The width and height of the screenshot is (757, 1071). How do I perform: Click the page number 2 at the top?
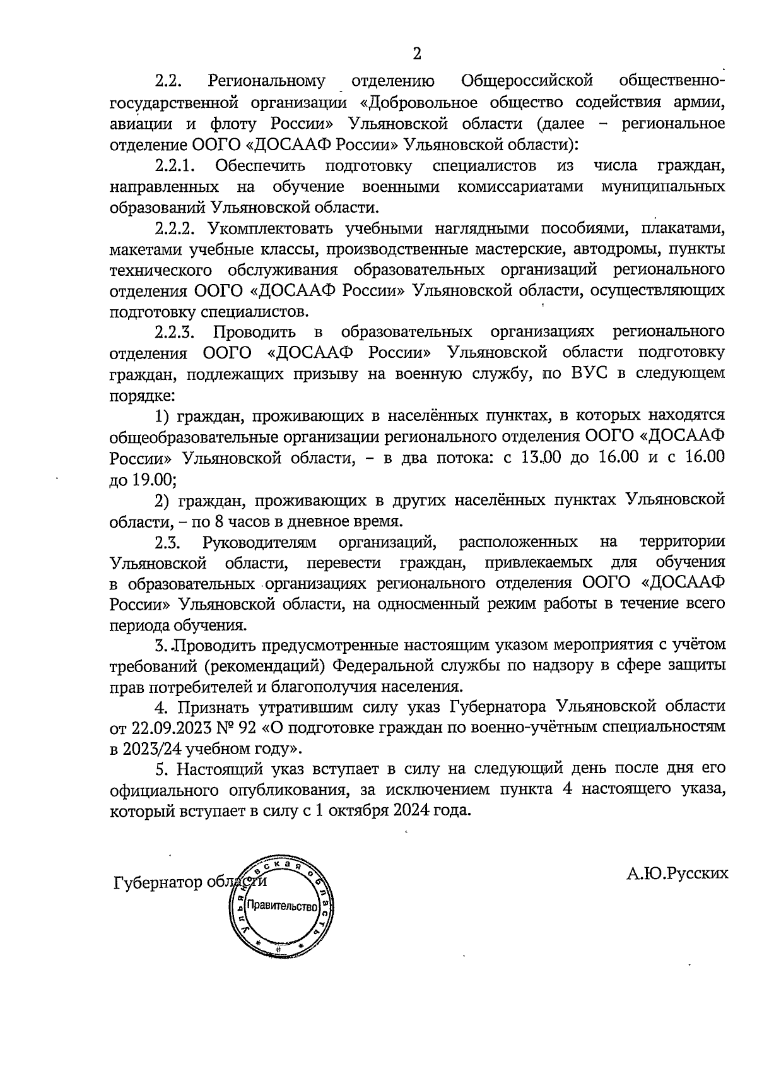(x=416, y=54)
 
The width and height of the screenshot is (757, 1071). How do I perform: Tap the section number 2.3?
(x=168, y=542)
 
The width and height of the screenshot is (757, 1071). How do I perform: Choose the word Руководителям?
(x=259, y=542)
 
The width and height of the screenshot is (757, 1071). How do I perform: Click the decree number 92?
(x=248, y=728)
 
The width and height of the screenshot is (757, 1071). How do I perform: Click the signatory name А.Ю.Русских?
(x=678, y=873)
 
